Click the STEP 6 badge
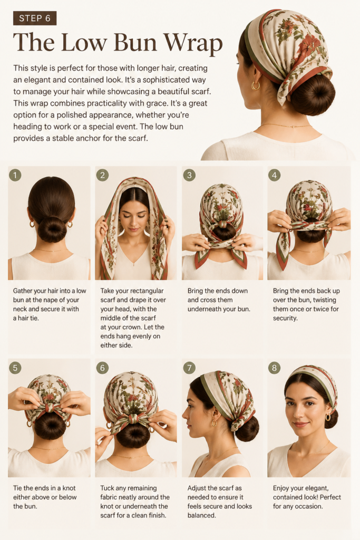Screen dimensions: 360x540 (x=35, y=18)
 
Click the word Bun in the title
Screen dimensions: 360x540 (x=135, y=43)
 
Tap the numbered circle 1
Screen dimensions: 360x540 (x=15, y=175)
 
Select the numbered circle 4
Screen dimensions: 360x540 (x=274, y=175)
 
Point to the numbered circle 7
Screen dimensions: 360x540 (x=189, y=368)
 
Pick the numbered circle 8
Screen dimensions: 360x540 (x=274, y=368)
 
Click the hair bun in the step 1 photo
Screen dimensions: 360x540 (x=52, y=229)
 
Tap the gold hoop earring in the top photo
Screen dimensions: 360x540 (x=255, y=85)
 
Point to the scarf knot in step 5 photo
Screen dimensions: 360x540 (x=50, y=408)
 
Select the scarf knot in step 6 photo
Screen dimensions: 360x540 (x=132, y=420)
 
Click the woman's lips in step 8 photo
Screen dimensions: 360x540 (x=300, y=425)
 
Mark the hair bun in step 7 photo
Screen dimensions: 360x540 (x=247, y=429)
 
